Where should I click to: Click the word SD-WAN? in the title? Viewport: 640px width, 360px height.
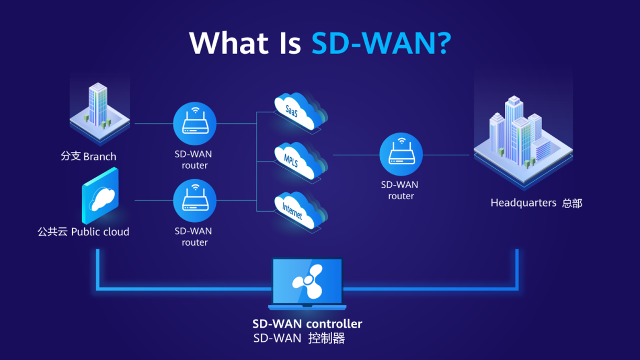381,43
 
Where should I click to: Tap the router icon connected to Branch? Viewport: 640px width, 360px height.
195,124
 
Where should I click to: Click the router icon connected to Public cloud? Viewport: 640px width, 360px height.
195,200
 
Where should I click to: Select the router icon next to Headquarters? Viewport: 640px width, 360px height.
401,154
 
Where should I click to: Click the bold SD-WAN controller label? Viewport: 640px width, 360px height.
307,324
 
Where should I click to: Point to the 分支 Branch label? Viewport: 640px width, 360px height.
89,157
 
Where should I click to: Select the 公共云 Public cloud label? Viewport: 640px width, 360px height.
83,232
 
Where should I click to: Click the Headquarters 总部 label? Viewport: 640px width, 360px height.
536,203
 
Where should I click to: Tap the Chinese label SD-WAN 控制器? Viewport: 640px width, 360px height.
299,339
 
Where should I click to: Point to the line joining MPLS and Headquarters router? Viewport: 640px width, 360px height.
356,155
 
